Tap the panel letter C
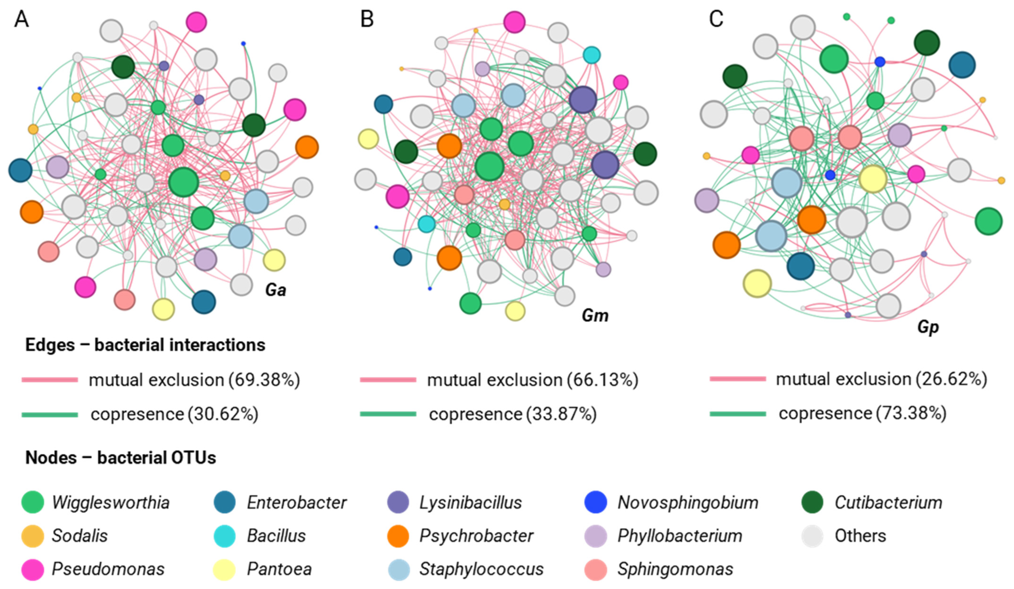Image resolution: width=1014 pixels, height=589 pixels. coord(716,18)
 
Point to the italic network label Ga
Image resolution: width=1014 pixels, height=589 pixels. coord(275,290)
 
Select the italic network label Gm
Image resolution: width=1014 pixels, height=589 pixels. coord(595,316)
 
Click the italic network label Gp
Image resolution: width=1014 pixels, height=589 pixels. coord(927,327)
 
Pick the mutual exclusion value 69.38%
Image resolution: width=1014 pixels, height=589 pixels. coord(265,380)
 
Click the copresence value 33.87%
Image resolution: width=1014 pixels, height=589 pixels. coord(561,414)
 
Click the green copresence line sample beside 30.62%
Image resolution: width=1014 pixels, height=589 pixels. coord(50,414)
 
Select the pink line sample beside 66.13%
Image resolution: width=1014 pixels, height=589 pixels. coord(388,380)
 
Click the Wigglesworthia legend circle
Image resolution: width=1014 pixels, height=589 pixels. coord(33,502)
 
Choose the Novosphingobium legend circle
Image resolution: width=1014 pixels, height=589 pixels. coord(596,502)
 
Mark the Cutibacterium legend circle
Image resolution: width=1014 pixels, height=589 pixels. coord(812,502)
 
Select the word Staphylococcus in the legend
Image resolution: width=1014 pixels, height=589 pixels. coord(481,569)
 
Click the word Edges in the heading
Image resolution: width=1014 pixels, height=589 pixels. coord(50,345)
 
